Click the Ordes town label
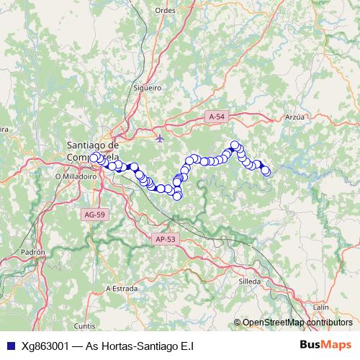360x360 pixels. click(x=165, y=11)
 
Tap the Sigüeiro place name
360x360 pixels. click(x=147, y=87)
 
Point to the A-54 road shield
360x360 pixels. click(x=217, y=116)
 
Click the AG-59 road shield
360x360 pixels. click(x=93, y=214)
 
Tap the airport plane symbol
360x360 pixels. click(x=160, y=138)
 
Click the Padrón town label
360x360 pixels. click(x=33, y=253)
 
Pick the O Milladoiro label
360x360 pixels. click(x=71, y=175)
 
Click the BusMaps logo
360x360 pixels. click(x=326, y=345)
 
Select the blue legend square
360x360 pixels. click(x=10, y=346)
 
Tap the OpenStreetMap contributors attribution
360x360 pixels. click(x=297, y=323)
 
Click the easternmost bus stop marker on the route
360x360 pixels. click(x=266, y=171)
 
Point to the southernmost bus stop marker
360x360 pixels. click(x=177, y=195)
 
